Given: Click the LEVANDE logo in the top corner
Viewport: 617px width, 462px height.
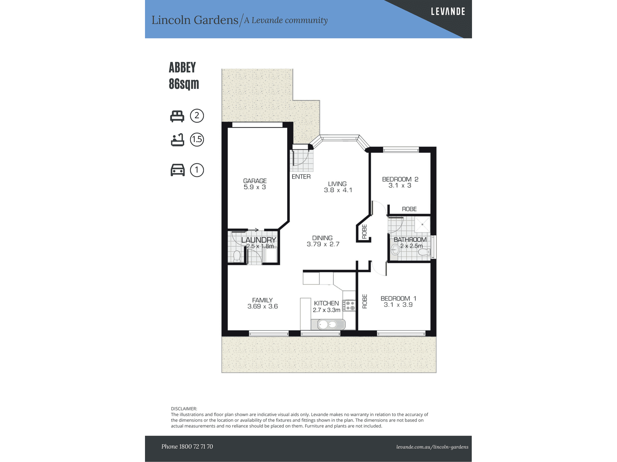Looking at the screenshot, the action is (448, 12).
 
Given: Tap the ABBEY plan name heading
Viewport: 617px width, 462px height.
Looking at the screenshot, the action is (182, 67).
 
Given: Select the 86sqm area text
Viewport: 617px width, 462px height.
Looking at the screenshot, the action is (184, 84).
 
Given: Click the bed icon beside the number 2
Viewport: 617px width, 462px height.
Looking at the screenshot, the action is (177, 116).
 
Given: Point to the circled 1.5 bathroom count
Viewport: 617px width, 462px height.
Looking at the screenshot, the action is (197, 139).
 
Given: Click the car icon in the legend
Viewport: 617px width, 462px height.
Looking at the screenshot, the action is (178, 170).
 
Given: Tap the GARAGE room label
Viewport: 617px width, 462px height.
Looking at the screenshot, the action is (255, 181).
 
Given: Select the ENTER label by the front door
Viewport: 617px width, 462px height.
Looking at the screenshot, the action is (301, 177).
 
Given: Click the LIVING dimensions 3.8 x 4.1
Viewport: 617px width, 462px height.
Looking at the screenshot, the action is (338, 190).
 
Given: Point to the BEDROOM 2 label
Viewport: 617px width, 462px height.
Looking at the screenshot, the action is (400, 179).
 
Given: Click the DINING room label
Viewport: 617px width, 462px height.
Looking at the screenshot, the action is (322, 238).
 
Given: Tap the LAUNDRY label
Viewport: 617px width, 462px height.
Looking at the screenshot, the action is (259, 240).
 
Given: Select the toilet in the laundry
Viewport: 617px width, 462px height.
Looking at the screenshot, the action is (237, 256).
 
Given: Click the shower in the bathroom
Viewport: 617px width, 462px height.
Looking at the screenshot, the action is (422, 224).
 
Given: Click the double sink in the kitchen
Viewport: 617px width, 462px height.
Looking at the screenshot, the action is (328, 325).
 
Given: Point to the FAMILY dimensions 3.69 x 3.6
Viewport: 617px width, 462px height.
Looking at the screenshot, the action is (263, 306).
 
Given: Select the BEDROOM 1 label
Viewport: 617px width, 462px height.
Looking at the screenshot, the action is (398, 298).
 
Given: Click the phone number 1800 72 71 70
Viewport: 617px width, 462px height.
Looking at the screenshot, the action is (196, 446).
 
